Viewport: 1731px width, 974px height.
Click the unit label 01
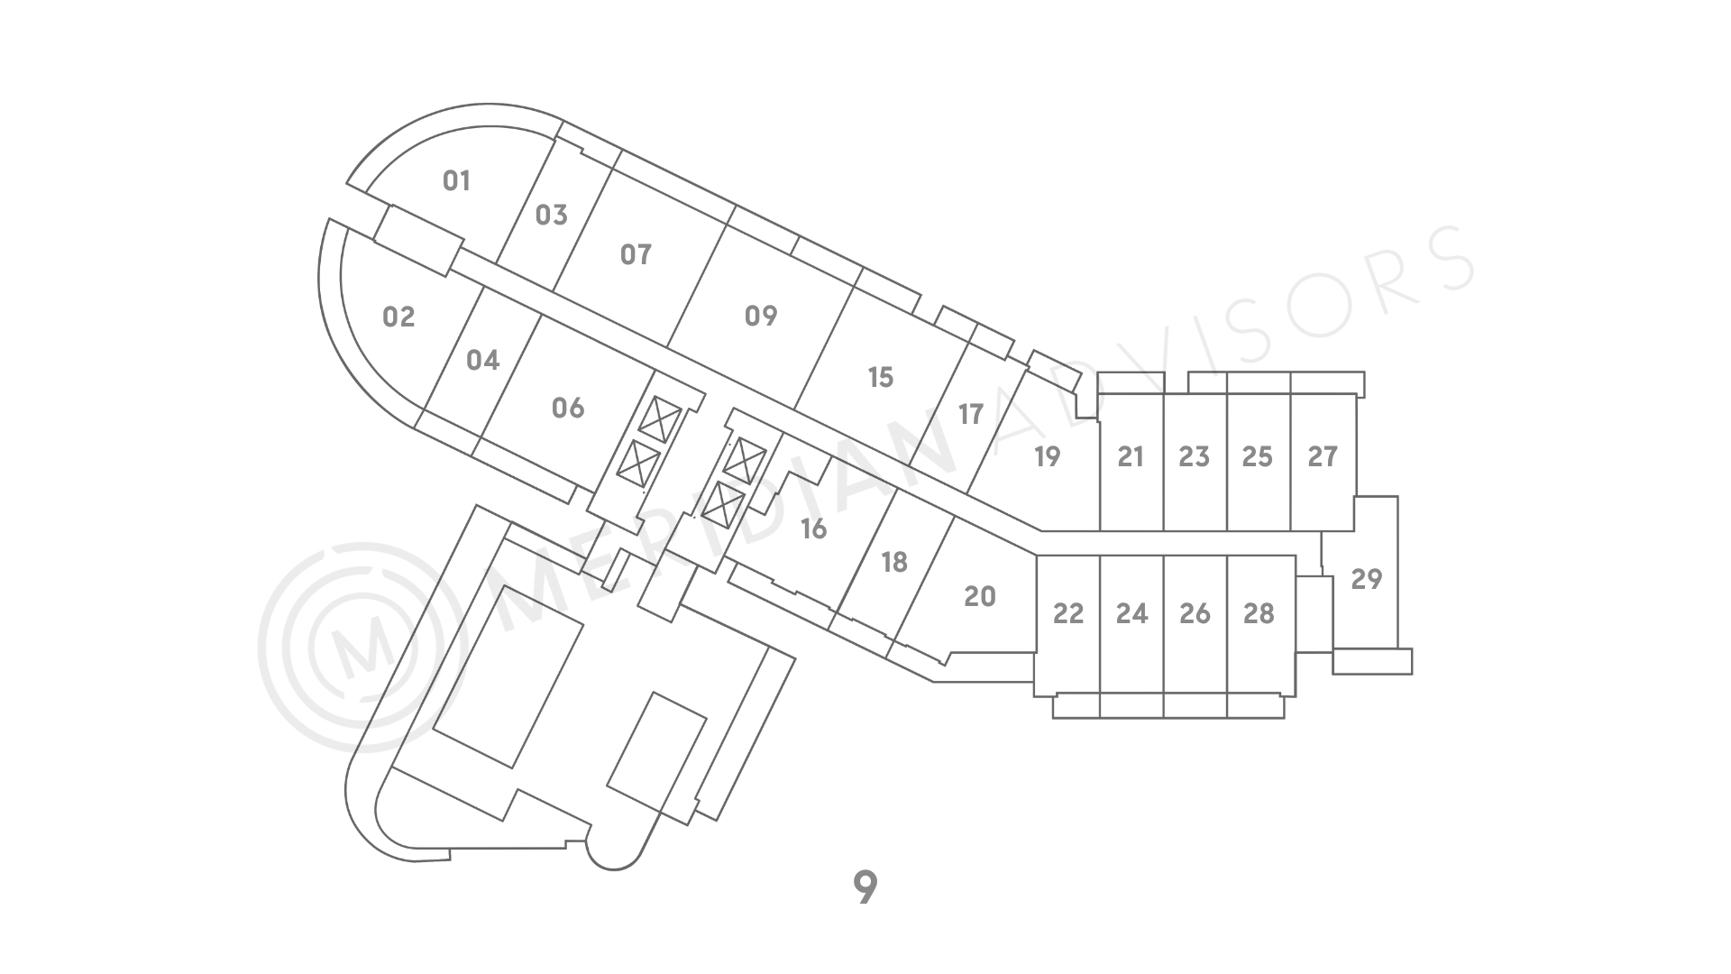point(457,181)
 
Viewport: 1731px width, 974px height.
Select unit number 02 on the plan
point(398,317)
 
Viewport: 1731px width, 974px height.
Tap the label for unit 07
point(636,254)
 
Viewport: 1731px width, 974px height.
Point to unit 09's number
point(761,316)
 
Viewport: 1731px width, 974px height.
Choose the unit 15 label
point(880,376)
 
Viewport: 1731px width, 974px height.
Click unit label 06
point(568,408)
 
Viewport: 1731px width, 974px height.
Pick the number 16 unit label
point(813,528)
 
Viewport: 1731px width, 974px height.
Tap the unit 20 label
point(980,596)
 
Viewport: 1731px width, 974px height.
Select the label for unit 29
point(1367,578)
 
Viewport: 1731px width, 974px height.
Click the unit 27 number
point(1323,456)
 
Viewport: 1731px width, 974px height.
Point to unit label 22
point(1068,613)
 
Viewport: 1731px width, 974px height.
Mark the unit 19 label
point(1047,456)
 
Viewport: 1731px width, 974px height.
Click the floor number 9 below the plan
point(865,888)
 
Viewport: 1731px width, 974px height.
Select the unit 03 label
point(551,215)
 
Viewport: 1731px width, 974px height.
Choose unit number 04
point(482,360)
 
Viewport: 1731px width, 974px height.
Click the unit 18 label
point(894,562)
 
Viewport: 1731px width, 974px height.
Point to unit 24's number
point(1131,613)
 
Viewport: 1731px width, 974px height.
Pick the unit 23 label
point(1194,456)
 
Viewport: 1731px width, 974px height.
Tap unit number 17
point(971,414)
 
